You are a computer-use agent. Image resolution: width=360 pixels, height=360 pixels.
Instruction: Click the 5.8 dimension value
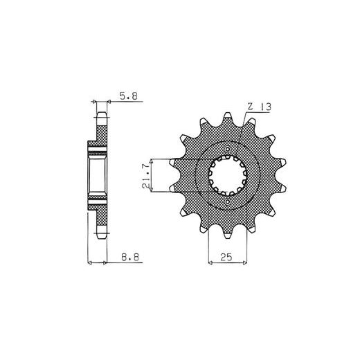click(129, 96)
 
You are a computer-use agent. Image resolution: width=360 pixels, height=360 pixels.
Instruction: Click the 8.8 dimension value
click(130, 257)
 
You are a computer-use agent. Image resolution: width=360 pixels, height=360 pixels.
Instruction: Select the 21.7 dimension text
click(145, 176)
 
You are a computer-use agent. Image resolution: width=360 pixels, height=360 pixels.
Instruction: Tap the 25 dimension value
click(226, 257)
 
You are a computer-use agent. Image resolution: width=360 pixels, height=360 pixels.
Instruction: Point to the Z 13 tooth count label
click(260, 107)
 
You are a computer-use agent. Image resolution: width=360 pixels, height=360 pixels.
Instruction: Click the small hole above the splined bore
click(228, 149)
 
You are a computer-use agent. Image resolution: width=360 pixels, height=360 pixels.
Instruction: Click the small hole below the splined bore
click(228, 202)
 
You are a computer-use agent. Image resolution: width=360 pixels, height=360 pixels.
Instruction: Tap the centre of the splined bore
click(228, 175)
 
